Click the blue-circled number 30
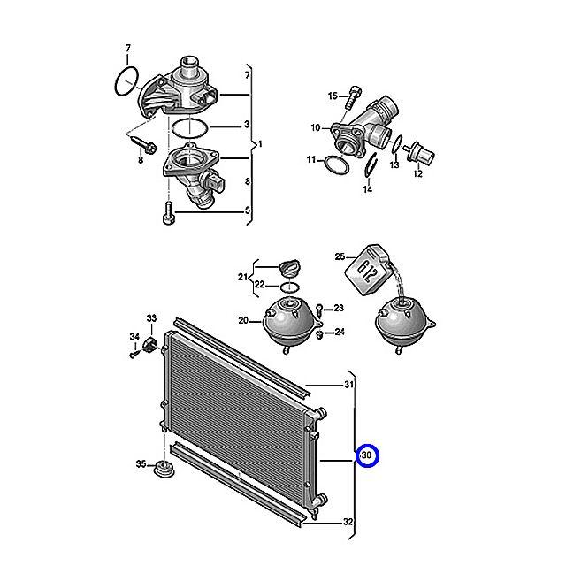[367, 456]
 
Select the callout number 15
[333, 96]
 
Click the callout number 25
[338, 257]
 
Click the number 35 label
[141, 464]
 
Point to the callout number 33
[151, 318]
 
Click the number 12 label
[417, 174]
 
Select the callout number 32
[348, 522]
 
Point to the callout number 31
[348, 385]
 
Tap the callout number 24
[340, 333]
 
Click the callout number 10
[315, 128]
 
